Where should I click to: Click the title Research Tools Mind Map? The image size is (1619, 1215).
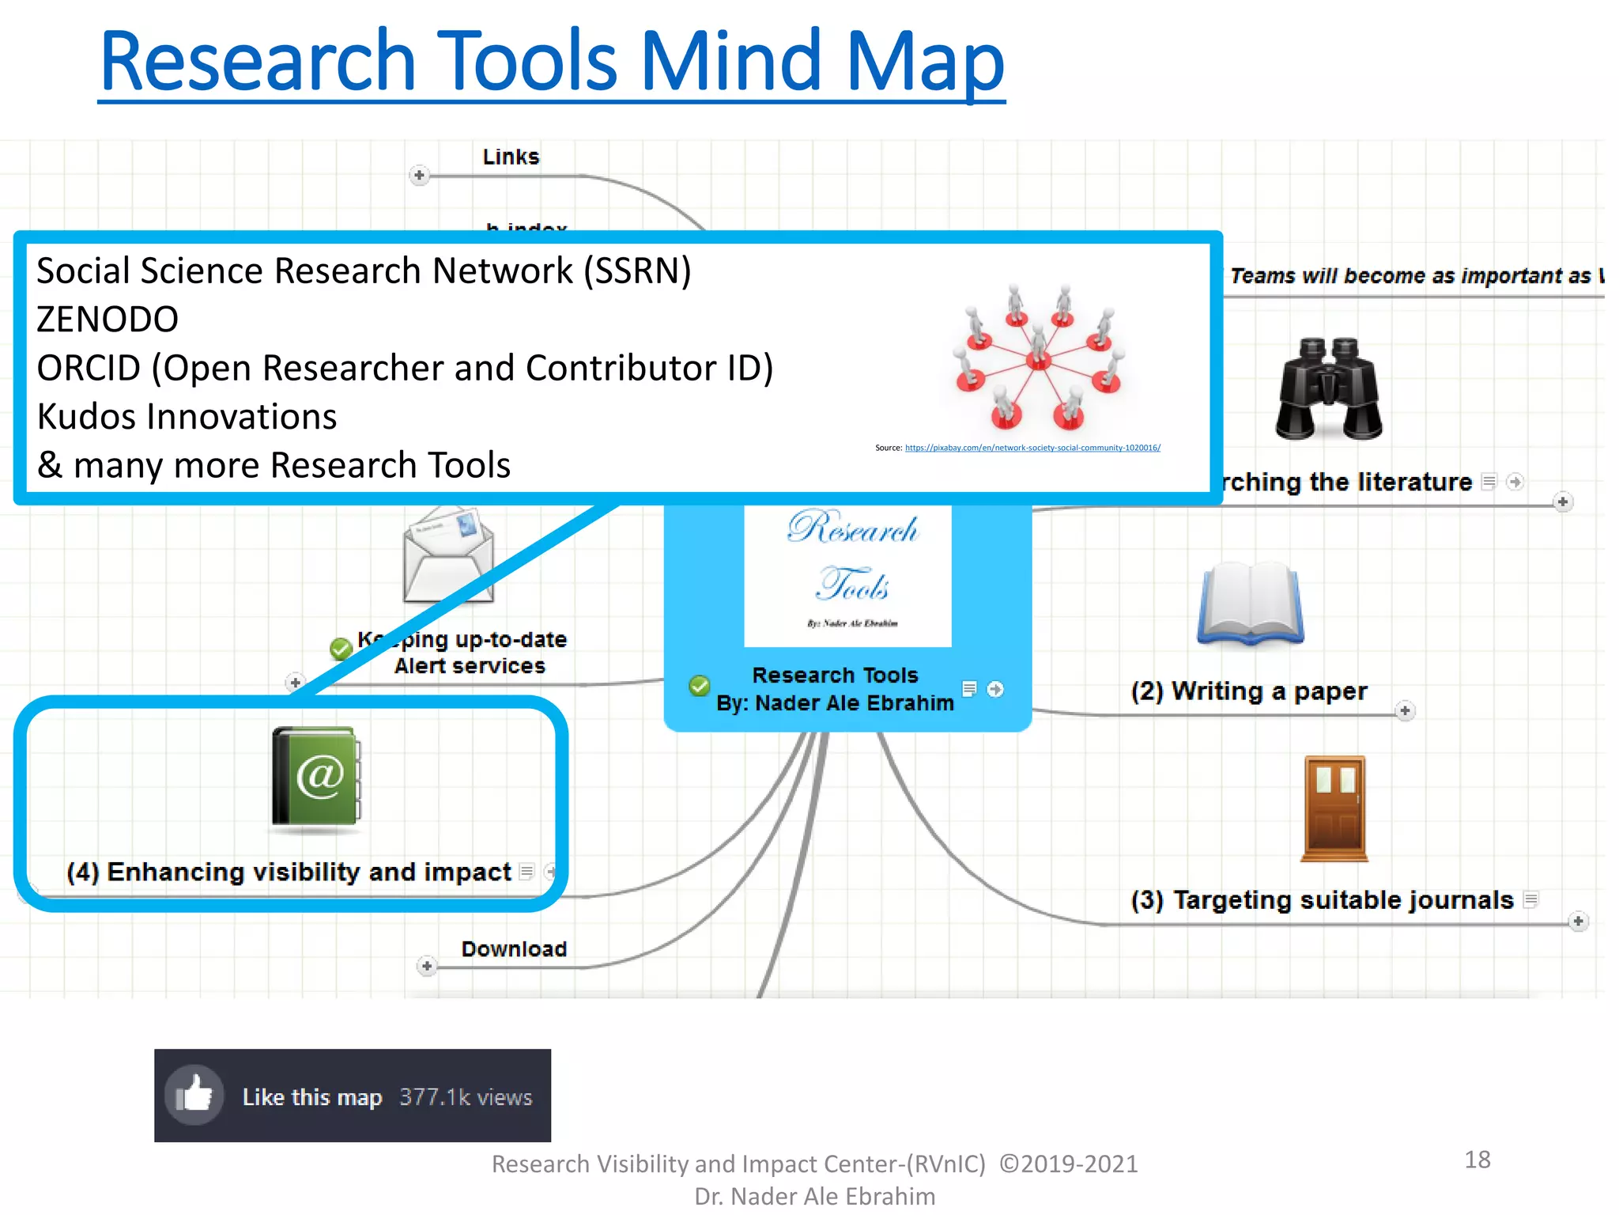552,62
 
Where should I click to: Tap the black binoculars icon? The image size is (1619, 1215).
1328,389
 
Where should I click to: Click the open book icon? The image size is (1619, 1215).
1250,604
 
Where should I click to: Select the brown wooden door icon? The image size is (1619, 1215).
1334,808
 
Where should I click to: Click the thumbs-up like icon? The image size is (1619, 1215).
194,1095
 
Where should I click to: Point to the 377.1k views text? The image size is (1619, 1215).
466,1097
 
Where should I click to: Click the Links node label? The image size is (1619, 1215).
511,157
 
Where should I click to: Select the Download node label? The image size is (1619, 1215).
514,948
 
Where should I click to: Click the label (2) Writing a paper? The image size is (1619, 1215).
1248,691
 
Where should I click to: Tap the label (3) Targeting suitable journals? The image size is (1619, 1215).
1322,900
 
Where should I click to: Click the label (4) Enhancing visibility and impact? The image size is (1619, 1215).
289,872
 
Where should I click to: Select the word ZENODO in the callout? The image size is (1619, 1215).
108,320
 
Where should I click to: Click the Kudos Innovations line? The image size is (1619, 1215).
187,417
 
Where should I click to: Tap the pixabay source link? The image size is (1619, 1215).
1032,448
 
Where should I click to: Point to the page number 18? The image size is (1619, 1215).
1477,1160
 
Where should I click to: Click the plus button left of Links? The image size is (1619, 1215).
419,175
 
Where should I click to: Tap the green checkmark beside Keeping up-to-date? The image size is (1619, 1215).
341,649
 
